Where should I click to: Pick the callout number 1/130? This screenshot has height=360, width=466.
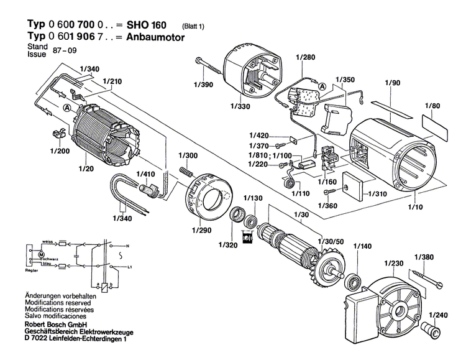click(x=254, y=198)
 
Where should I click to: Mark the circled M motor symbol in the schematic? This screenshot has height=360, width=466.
click(x=41, y=256)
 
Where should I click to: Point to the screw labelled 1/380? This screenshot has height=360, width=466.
click(x=425, y=276)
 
